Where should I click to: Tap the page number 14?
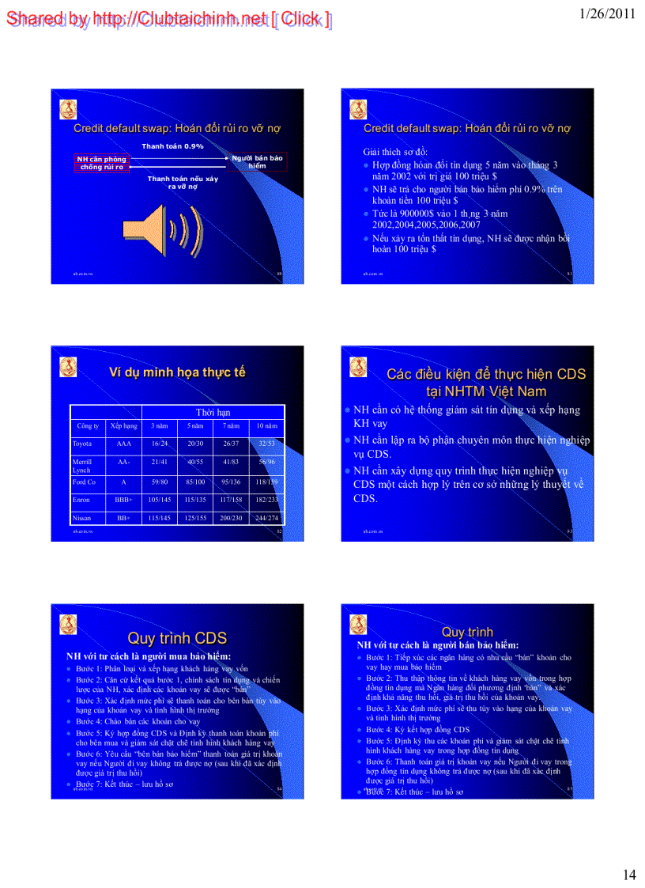(629, 874)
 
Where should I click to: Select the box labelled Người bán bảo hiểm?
(257, 162)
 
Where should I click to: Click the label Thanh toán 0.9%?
(172, 146)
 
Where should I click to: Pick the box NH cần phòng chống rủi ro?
(102, 163)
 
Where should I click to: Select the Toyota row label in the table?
(82, 444)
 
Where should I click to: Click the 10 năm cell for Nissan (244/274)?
(267, 518)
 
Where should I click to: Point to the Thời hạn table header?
(213, 413)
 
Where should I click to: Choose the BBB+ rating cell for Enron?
(123, 500)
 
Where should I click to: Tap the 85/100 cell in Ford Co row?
(195, 481)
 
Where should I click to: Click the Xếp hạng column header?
(124, 425)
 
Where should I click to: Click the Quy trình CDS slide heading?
(177, 638)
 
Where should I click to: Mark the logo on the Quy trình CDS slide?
(68, 625)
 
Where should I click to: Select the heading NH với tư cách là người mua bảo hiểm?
(148, 656)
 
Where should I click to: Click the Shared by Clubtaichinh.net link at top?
(168, 19)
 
